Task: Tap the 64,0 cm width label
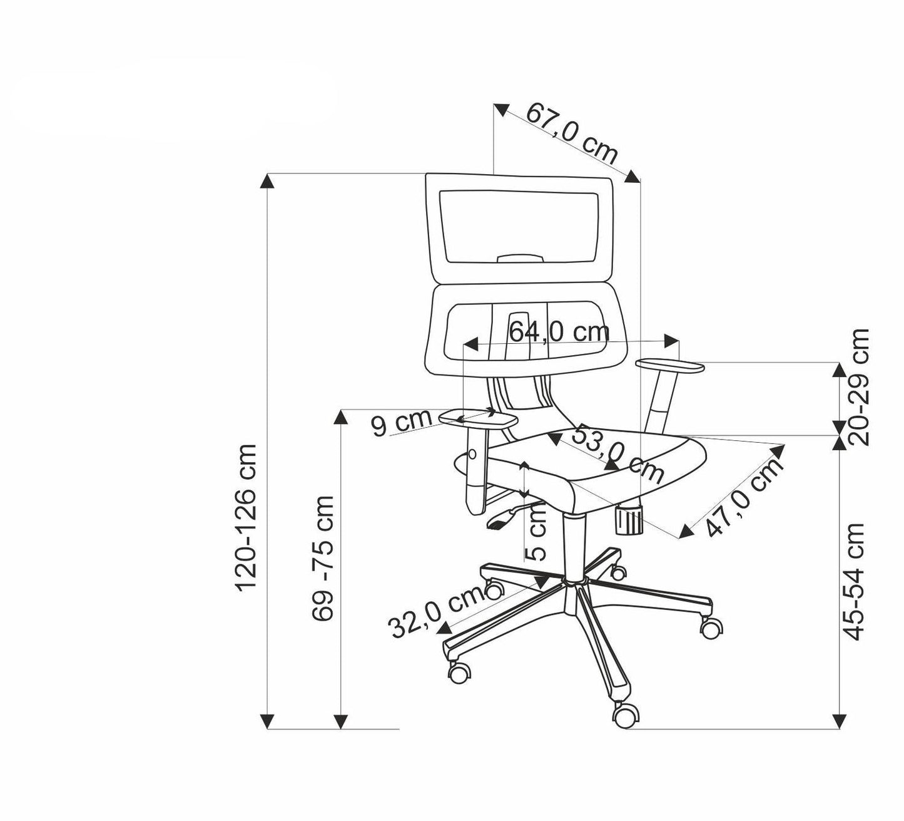pyautogui.click(x=559, y=331)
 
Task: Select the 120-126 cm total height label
pyautogui.click(x=246, y=517)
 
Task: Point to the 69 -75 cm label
pyautogui.click(x=323, y=557)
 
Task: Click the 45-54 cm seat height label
pyautogui.click(x=855, y=581)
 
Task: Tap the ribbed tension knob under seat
pyautogui.click(x=629, y=520)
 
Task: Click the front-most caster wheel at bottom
pyautogui.click(x=627, y=715)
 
